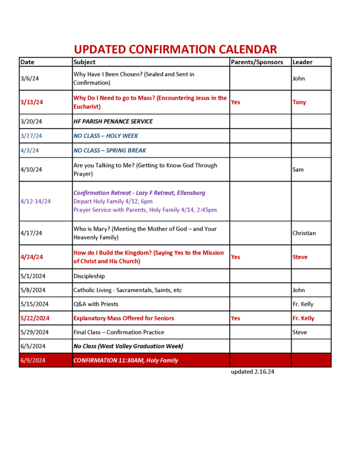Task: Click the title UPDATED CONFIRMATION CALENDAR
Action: point(175,50)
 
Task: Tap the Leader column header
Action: point(302,62)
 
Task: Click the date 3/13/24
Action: point(31,102)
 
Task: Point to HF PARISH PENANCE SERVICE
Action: point(113,122)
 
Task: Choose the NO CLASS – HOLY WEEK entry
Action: point(106,136)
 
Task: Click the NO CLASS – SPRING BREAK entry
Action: point(110,151)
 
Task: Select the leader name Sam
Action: point(298,170)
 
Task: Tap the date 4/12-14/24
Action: point(35,201)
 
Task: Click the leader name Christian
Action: point(304,233)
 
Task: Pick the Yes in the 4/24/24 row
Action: point(235,257)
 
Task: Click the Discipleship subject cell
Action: point(89,277)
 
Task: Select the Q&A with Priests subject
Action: point(96,304)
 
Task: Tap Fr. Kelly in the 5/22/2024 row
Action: point(303,319)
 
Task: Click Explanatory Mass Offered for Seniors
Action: point(124,319)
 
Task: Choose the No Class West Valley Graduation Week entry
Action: point(129,346)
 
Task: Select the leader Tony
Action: point(299,102)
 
